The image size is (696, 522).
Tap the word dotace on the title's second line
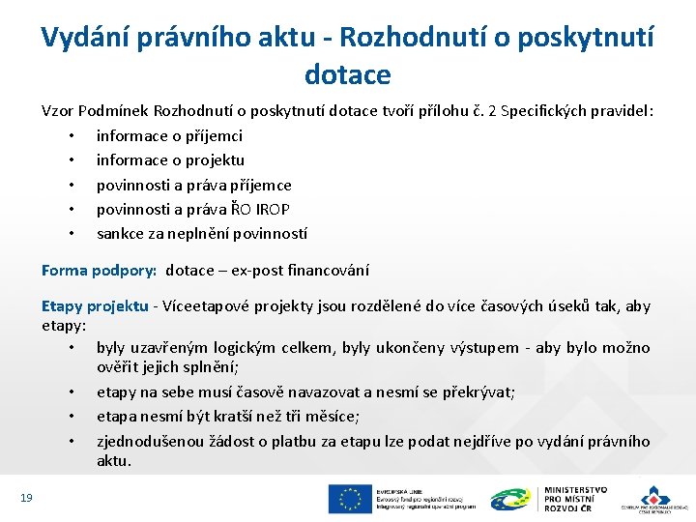[347, 73]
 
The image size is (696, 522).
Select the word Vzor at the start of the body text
[57, 111]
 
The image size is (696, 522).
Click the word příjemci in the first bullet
[212, 135]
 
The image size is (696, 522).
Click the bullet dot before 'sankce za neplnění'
[72, 233]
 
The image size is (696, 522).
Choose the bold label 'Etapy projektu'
[95, 306]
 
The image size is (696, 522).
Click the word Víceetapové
[205, 306]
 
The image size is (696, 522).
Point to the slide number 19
[26, 497]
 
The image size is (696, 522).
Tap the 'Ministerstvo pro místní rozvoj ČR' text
[576, 498]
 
